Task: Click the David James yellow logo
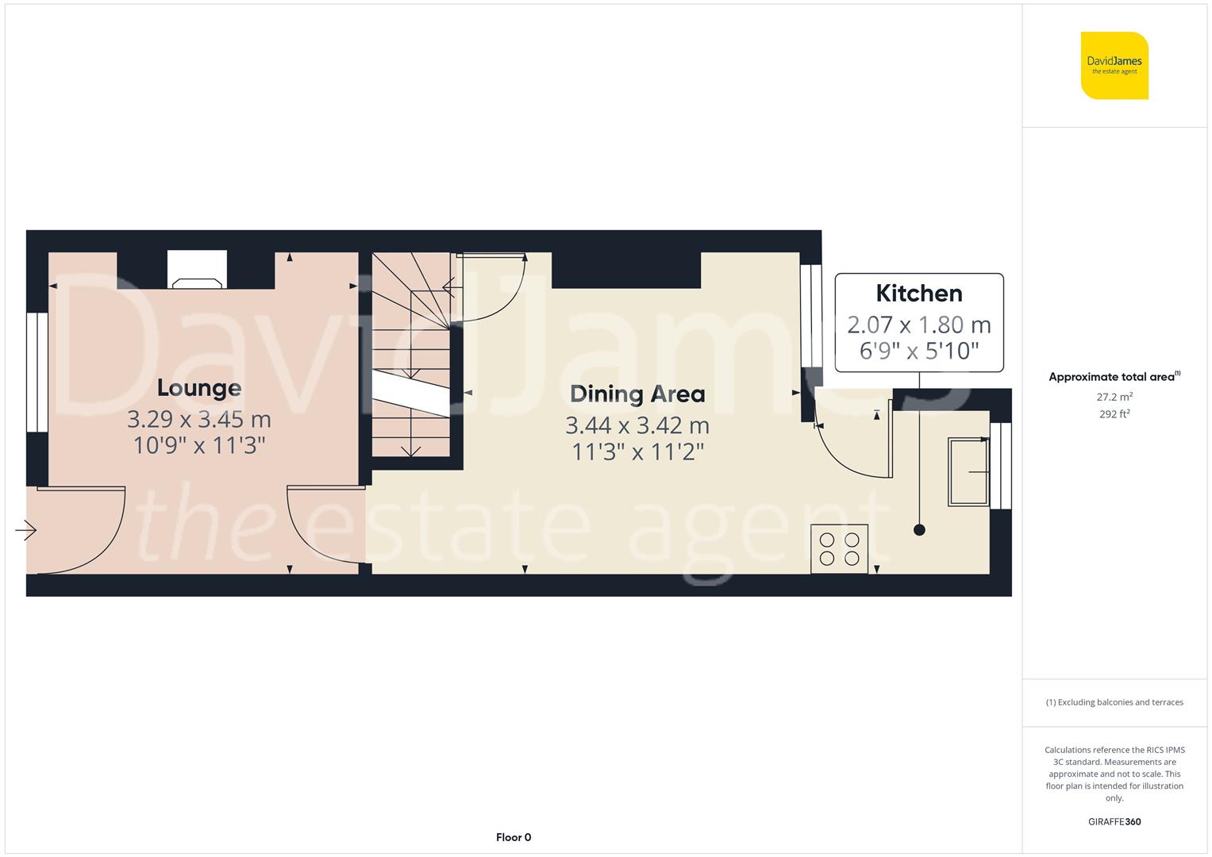coord(1114,65)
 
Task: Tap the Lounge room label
coord(198,388)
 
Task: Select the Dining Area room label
coord(637,394)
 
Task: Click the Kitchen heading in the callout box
coord(919,294)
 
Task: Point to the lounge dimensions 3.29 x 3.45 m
coord(198,419)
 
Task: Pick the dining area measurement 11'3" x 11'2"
coord(637,452)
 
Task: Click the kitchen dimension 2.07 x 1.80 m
coord(919,325)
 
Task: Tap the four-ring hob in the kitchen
coord(839,548)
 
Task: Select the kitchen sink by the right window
coord(968,472)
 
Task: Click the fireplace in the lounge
coord(197,271)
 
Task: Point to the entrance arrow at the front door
coord(26,529)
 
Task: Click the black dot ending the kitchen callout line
coord(919,530)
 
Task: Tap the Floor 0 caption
coord(513,837)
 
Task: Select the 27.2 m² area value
coord(1114,397)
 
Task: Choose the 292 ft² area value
coord(1114,413)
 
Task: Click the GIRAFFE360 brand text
coord(1114,821)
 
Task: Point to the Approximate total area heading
coord(1114,377)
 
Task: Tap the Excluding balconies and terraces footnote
coord(1114,702)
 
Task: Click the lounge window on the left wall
coord(37,372)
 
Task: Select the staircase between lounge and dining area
coord(410,357)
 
